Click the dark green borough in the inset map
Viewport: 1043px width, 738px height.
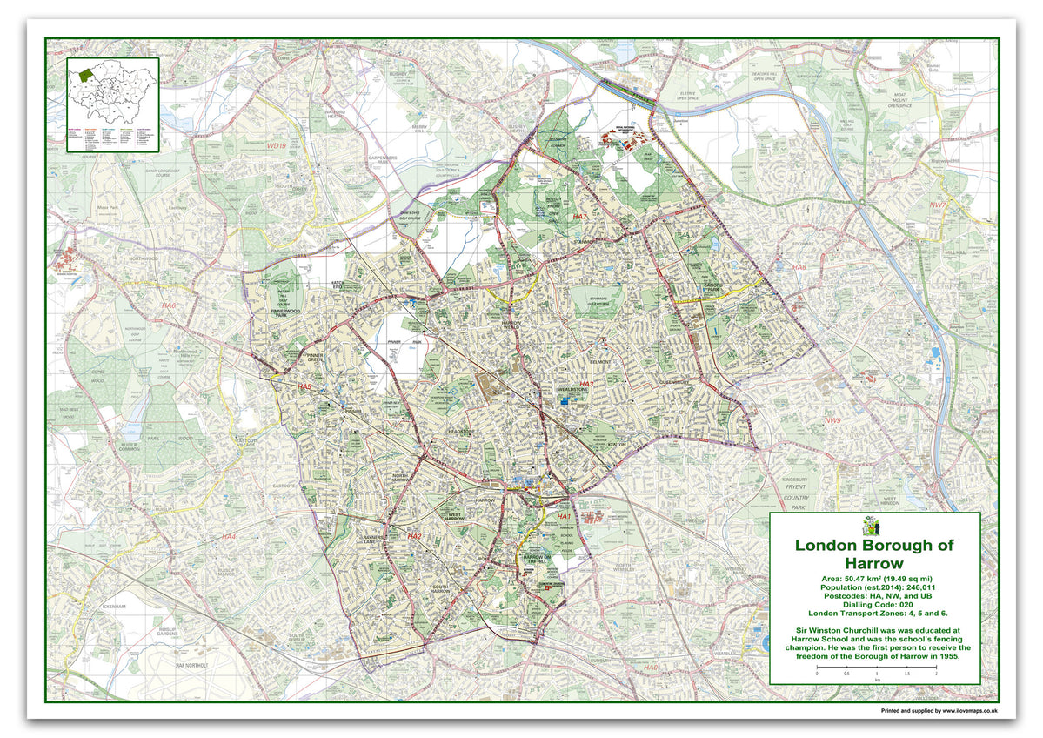pos(85,76)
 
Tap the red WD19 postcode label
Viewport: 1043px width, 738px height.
pos(277,147)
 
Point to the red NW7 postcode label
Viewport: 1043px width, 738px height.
pos(961,205)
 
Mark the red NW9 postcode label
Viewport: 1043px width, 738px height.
pos(832,421)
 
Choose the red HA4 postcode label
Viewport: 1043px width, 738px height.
pos(228,537)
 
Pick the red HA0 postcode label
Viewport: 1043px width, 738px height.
pos(652,667)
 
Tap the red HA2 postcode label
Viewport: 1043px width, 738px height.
pos(414,536)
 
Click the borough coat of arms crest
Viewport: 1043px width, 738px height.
pos(873,526)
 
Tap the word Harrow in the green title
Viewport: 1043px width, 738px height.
pos(873,564)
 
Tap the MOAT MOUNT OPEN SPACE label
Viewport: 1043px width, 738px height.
pos(895,100)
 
